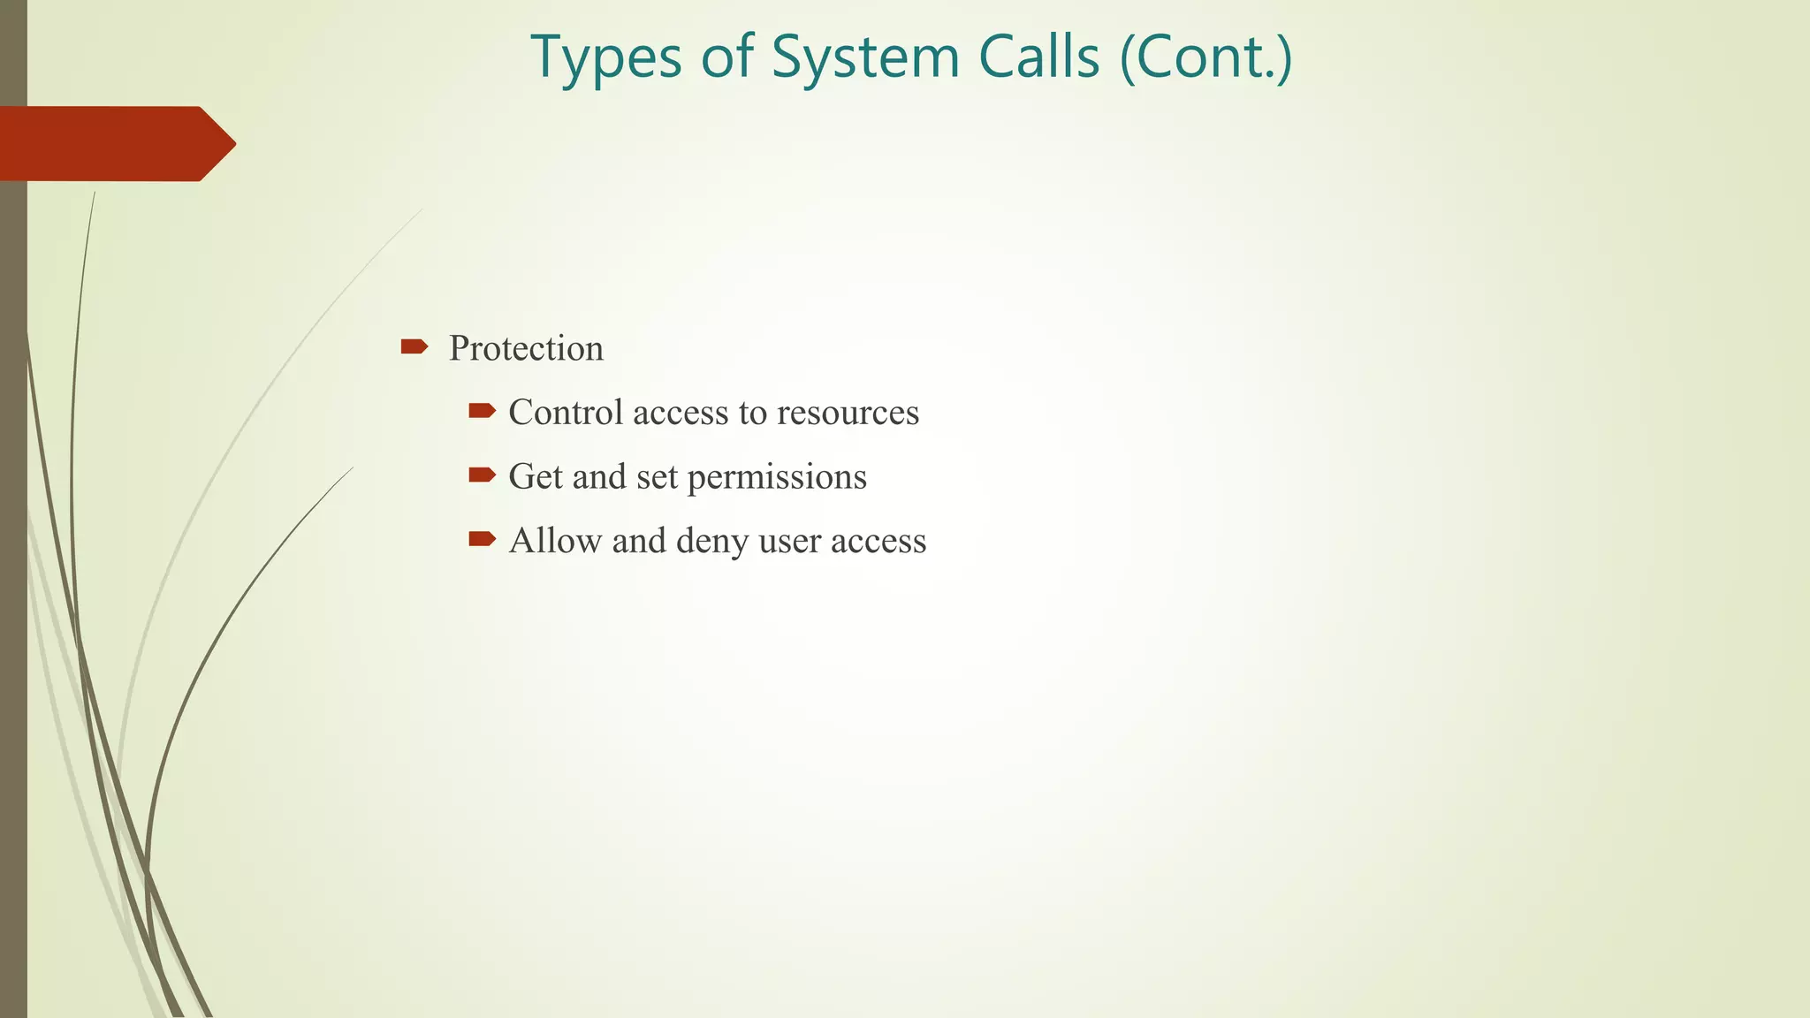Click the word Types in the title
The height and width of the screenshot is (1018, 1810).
point(606,58)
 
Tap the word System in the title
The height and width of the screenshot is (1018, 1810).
point(865,58)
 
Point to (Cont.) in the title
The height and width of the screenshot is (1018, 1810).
point(1205,58)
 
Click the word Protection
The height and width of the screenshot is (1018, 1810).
point(526,348)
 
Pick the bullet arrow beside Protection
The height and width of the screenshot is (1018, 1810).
point(414,346)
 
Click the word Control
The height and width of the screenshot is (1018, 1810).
point(566,413)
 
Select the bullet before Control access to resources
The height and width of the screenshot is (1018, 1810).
point(482,410)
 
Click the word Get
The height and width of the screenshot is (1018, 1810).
point(535,477)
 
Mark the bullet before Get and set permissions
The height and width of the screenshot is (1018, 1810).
point(482,475)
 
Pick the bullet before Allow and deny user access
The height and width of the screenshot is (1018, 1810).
point(482,539)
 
